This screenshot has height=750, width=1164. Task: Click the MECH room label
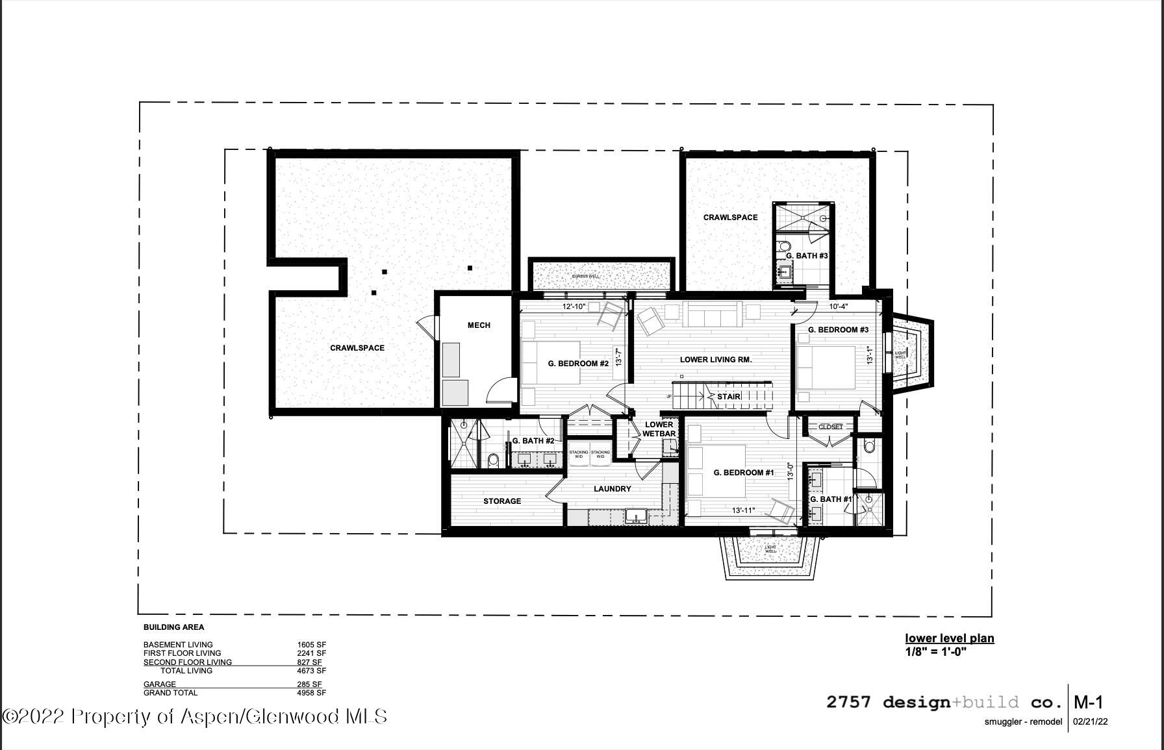tap(479, 325)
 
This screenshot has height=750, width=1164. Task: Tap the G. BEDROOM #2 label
tap(578, 364)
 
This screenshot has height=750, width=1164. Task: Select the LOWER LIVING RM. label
tap(716, 360)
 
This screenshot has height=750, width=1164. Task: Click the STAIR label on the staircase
tap(728, 396)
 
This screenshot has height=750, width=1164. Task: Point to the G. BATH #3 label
tap(807, 256)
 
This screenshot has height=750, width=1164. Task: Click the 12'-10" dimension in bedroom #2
tap(574, 306)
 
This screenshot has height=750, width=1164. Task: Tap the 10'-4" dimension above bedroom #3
tap(839, 306)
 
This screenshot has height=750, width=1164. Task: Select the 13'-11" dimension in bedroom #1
tap(744, 510)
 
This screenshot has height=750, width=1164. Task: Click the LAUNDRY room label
tap(612, 489)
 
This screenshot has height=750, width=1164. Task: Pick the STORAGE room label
tap(501, 501)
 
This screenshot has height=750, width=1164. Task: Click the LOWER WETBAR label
tap(659, 429)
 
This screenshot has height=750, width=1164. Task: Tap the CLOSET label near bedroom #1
tap(830, 427)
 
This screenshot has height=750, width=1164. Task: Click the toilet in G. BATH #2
tap(493, 460)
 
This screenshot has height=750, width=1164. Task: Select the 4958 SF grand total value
tap(311, 693)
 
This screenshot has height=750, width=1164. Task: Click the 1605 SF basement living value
tap(311, 645)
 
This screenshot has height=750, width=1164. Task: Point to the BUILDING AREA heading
tap(173, 627)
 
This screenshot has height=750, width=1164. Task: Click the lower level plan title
tap(949, 638)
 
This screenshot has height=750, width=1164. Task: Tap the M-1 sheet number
tap(1088, 702)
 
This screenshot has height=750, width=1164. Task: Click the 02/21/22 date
tap(1090, 721)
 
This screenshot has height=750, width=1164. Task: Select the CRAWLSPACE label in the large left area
tap(357, 348)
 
